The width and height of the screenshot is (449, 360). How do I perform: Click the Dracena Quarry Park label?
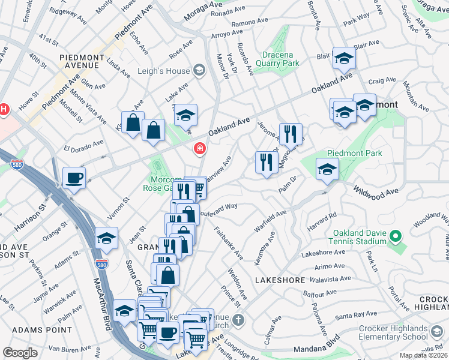click(277, 58)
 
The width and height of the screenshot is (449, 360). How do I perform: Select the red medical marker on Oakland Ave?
click(199, 148)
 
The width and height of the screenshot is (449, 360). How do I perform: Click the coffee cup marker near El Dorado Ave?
click(74, 178)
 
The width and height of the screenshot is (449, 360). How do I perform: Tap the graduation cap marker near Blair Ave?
click(344, 59)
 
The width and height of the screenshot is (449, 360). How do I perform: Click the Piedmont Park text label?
click(354, 154)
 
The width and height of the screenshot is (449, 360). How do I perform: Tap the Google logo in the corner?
click(20, 353)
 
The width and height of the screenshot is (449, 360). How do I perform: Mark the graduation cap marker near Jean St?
click(106, 239)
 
